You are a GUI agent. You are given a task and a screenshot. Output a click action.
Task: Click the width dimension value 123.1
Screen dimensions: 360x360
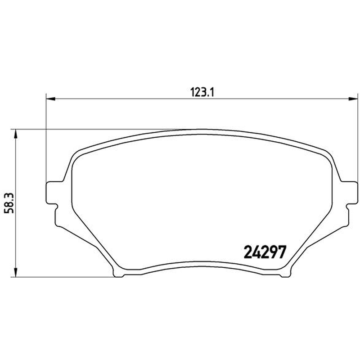(202, 92)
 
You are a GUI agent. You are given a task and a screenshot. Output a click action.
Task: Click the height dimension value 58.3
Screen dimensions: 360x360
(10, 203)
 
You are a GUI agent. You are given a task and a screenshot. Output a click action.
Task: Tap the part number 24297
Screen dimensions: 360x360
(265, 252)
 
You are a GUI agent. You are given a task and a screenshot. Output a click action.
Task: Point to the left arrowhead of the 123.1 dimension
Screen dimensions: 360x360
(51, 99)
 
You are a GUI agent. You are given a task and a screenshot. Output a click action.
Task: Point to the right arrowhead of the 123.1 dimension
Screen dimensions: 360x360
(353, 99)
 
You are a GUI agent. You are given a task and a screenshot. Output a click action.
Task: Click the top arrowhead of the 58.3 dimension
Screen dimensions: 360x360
(15, 134)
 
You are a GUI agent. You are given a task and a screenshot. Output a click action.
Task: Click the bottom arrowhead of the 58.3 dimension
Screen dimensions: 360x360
(15, 272)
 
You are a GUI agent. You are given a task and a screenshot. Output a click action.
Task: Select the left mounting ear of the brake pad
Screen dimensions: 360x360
(54, 193)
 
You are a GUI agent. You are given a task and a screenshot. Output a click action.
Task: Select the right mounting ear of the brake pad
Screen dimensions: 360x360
(349, 193)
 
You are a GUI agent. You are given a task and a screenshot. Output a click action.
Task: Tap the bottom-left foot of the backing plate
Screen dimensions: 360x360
(119, 273)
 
